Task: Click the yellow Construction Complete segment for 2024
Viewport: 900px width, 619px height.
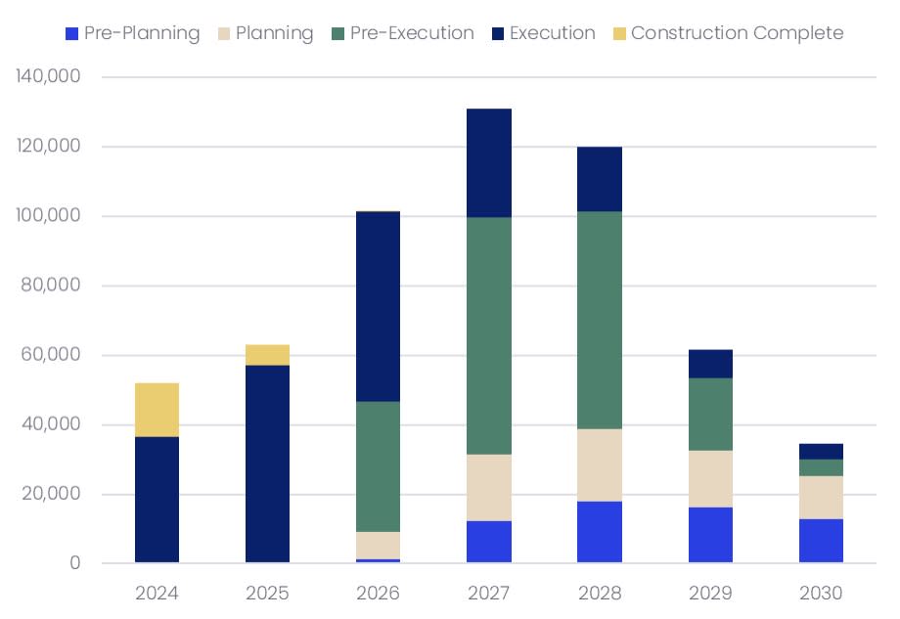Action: pyautogui.click(x=157, y=410)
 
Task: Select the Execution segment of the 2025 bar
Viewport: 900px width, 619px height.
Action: pyautogui.click(x=267, y=464)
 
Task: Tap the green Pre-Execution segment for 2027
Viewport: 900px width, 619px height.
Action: pyautogui.click(x=489, y=335)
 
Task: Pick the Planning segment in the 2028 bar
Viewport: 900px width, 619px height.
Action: pyautogui.click(x=600, y=465)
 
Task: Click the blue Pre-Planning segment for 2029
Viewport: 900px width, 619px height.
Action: pyautogui.click(x=710, y=535)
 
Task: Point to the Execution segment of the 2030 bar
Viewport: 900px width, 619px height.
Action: pyautogui.click(x=821, y=452)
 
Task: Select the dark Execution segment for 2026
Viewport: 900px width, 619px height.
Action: pyautogui.click(x=378, y=307)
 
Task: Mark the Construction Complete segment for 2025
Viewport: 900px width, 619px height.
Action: pyautogui.click(x=267, y=355)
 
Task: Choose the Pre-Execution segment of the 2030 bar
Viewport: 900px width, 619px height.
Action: pyautogui.click(x=821, y=467)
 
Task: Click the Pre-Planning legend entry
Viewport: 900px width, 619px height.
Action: pyautogui.click(x=132, y=33)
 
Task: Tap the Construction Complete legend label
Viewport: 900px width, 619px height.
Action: pyautogui.click(x=737, y=33)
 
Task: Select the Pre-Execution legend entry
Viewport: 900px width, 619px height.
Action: pyautogui.click(x=402, y=33)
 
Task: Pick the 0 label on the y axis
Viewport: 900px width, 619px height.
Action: pyautogui.click(x=74, y=563)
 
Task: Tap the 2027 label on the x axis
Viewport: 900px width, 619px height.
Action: pyautogui.click(x=489, y=594)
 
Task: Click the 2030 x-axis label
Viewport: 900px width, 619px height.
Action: pyautogui.click(x=821, y=594)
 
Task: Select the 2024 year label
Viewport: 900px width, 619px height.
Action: pyautogui.click(x=157, y=594)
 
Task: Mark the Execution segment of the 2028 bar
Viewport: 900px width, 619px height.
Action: pyautogui.click(x=600, y=179)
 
